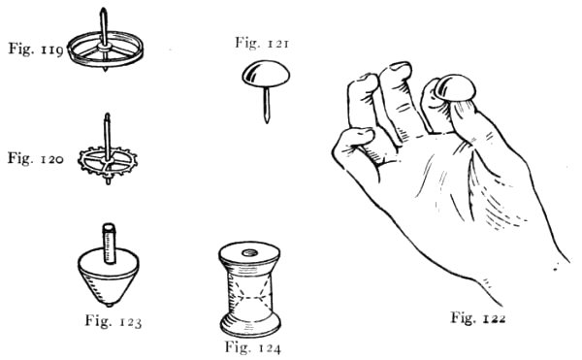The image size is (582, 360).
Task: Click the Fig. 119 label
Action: tap(36, 49)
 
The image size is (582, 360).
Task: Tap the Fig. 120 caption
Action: tap(36, 158)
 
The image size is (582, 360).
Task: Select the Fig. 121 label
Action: tap(262, 43)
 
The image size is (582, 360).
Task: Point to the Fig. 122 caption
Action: tap(478, 317)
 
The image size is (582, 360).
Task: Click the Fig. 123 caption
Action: tap(113, 321)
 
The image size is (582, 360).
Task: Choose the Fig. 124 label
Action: tap(253, 347)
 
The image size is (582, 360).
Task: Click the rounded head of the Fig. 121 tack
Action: tap(266, 74)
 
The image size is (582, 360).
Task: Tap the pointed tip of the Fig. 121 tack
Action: tap(267, 121)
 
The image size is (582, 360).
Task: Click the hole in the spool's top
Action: tap(250, 253)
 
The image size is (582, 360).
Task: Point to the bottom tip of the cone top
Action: tap(109, 305)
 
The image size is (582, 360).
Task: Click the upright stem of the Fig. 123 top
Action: tap(109, 244)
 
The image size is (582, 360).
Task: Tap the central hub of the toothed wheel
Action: tap(108, 161)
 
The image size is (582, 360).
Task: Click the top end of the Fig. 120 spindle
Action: tap(108, 115)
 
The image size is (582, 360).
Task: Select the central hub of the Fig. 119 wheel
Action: tap(105, 47)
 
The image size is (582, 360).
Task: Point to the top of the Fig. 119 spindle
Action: tap(103, 10)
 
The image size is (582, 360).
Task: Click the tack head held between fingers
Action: tap(456, 88)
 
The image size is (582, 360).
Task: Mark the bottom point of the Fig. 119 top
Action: tap(106, 70)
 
